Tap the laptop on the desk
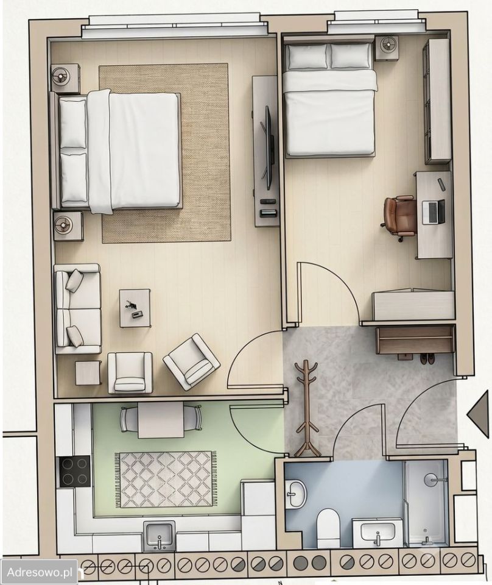434,212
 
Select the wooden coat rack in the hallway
306,408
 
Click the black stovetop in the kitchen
74,472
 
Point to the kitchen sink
159,536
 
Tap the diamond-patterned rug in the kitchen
165,480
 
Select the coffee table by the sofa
135,308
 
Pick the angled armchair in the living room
191,361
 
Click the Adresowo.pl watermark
40,572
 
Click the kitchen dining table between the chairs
161,420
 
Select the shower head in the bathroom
433,480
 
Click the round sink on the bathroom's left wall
296,494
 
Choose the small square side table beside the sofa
88,373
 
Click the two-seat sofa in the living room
78,308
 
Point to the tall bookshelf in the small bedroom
437,101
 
